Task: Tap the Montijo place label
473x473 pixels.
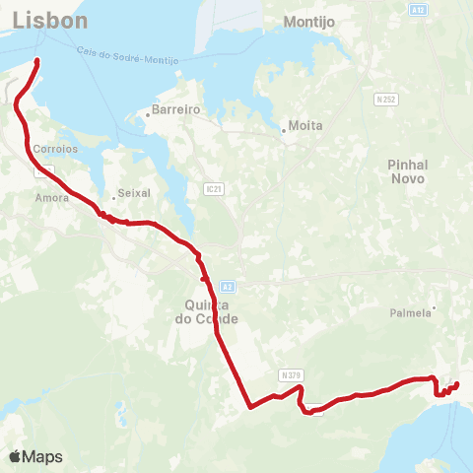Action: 309,21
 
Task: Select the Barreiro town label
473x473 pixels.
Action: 177,111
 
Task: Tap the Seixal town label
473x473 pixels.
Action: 132,193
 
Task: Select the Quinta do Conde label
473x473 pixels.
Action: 211,312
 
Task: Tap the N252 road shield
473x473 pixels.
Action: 386,100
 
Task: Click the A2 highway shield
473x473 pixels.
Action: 228,286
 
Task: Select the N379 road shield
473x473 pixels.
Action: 289,374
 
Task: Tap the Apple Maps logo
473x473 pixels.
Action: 35,456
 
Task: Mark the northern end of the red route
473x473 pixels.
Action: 37,61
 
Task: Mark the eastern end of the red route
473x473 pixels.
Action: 457,384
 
